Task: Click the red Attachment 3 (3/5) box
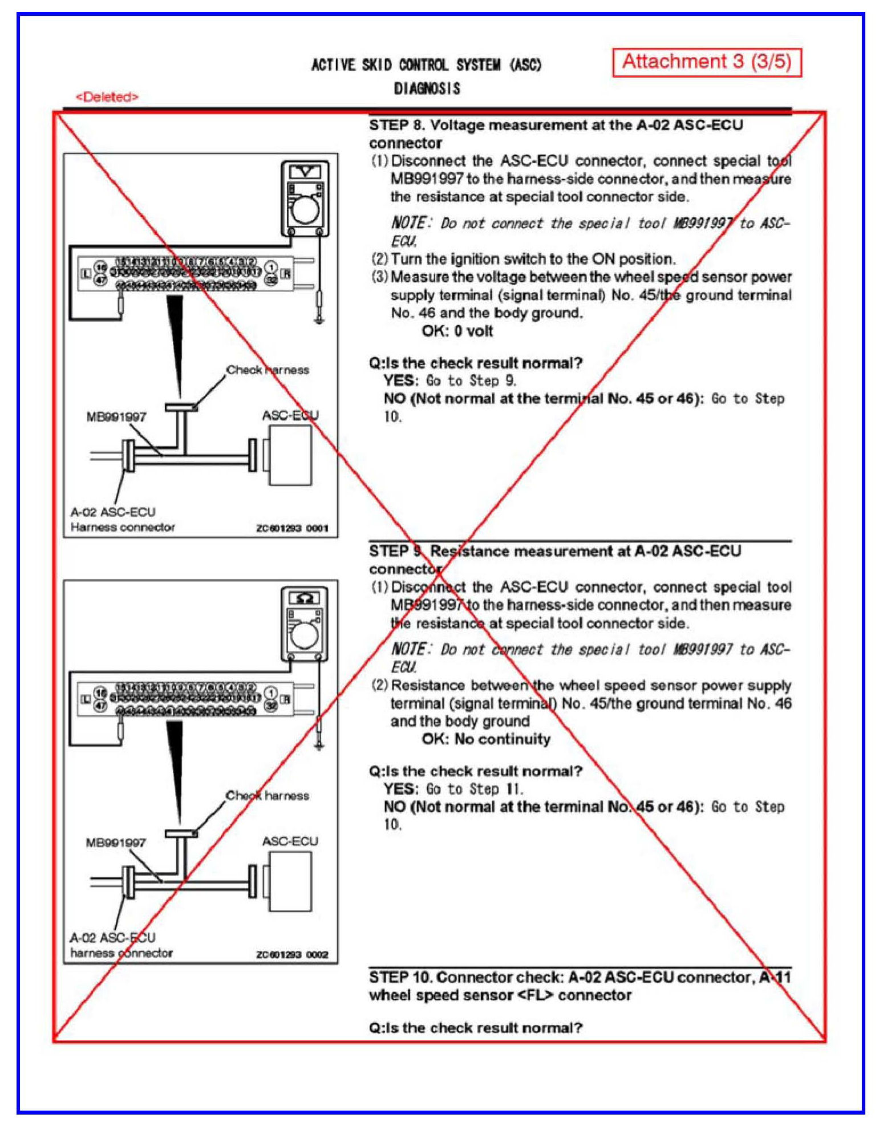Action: click(707, 62)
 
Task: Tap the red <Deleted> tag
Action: click(107, 97)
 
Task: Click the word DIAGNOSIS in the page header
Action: click(427, 88)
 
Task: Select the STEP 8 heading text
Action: click(556, 133)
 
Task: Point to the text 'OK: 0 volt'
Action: click(457, 331)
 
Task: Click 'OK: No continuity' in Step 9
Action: click(486, 739)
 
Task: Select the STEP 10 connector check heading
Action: click(579, 986)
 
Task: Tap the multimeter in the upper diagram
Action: click(305, 199)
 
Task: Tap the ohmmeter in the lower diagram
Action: click(305, 624)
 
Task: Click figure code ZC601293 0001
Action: click(292, 528)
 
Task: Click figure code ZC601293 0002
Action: click(292, 955)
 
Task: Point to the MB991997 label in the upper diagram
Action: click(116, 417)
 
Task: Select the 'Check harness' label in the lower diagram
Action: click(267, 796)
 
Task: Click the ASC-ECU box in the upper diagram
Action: click(290, 455)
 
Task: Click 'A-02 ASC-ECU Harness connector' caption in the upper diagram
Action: click(122, 520)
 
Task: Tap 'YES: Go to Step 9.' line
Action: click(449, 380)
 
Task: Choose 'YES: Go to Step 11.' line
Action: click(453, 789)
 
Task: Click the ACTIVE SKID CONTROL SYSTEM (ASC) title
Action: click(426, 65)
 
